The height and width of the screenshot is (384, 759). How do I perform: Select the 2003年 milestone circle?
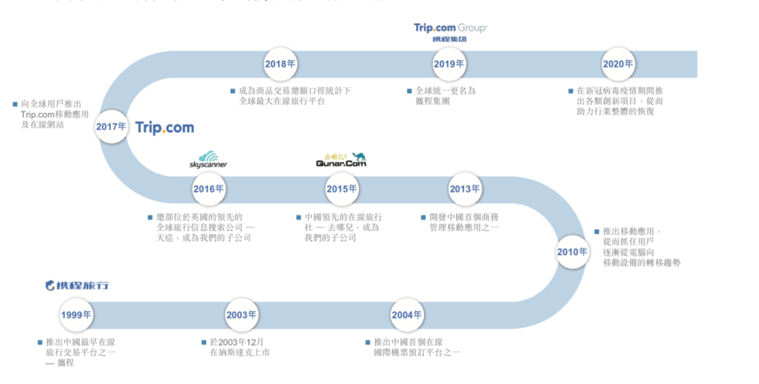[242, 315]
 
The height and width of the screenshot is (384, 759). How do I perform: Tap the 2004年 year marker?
[407, 315]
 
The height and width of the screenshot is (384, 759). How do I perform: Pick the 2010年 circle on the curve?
[572, 252]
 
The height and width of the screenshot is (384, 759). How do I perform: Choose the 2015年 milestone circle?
[342, 189]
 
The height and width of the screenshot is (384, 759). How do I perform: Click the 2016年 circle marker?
[209, 189]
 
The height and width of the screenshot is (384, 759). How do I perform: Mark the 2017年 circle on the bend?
[112, 127]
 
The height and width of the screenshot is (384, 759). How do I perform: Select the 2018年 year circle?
[280, 64]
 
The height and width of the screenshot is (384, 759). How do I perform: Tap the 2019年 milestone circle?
[449, 64]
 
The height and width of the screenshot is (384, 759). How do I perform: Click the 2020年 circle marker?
[618, 64]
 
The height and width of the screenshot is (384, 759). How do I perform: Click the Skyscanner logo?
[208, 160]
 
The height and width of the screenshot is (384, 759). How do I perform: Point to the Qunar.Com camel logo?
[341, 160]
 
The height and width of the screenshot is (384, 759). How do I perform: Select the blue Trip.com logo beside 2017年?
[164, 128]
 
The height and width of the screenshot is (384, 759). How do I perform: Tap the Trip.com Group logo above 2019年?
[450, 32]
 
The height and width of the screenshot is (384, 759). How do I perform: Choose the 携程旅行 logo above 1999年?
[77, 286]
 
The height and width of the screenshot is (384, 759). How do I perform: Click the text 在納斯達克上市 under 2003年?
[240, 353]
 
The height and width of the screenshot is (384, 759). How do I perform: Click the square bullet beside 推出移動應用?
[596, 231]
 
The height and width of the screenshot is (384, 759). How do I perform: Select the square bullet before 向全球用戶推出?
[15, 104]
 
